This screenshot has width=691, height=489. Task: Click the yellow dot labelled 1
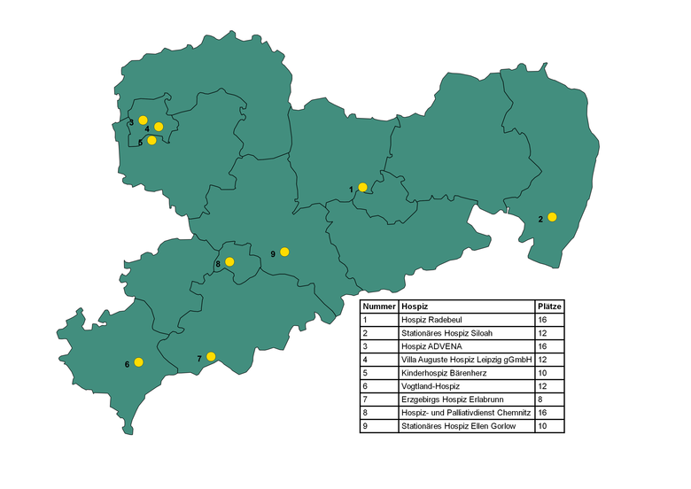click(x=362, y=187)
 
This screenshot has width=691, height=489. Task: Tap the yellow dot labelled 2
click(x=552, y=217)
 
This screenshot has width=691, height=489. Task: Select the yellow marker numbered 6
click(x=138, y=362)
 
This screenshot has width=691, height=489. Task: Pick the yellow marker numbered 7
click(x=211, y=356)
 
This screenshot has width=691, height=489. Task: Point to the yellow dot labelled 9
click(x=284, y=252)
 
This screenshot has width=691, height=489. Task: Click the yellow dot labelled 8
click(x=229, y=261)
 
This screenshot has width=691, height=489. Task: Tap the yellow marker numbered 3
click(x=143, y=120)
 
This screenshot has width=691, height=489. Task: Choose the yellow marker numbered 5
click(x=151, y=140)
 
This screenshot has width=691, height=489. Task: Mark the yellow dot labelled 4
click(x=159, y=127)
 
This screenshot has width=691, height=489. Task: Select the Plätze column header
click(x=549, y=306)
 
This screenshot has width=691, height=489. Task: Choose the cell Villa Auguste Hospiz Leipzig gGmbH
click(x=467, y=360)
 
